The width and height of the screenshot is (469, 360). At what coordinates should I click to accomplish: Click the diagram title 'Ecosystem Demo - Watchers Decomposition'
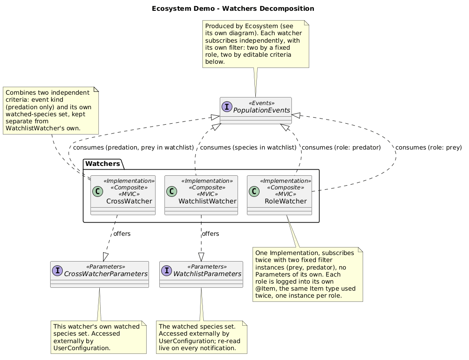tap(233, 9)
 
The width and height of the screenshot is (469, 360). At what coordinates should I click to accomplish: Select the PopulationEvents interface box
tap(256, 111)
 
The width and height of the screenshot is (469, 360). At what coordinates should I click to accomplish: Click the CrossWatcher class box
tap(123, 195)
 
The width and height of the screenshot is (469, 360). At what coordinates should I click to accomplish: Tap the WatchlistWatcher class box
tap(201, 195)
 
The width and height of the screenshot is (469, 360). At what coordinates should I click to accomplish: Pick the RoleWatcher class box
tap(279, 195)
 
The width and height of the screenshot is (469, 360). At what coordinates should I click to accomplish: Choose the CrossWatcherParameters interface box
tap(100, 274)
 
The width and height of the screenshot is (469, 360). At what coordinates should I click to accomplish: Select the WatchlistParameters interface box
tap(201, 274)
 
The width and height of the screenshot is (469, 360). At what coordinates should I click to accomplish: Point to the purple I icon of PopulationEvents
tap(227, 106)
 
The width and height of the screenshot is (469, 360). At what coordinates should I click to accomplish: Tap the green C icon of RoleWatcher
tap(254, 191)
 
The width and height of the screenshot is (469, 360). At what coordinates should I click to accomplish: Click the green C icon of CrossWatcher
tap(97, 191)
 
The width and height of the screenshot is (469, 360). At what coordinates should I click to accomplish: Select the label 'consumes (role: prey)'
tap(429, 148)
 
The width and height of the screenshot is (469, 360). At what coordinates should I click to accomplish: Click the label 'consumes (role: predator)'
tap(341, 148)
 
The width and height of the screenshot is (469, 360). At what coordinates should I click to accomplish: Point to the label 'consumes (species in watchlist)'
tap(248, 148)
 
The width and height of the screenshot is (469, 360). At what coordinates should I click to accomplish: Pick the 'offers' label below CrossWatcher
tap(122, 234)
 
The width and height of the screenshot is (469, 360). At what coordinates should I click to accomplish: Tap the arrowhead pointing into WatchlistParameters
tap(201, 257)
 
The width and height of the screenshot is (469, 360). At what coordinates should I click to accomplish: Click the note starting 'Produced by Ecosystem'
tap(256, 44)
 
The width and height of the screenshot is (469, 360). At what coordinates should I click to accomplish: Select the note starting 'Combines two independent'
tap(51, 111)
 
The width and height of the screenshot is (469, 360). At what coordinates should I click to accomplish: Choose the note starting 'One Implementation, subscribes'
tap(308, 274)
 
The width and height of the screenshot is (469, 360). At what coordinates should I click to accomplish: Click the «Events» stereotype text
tap(262, 103)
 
